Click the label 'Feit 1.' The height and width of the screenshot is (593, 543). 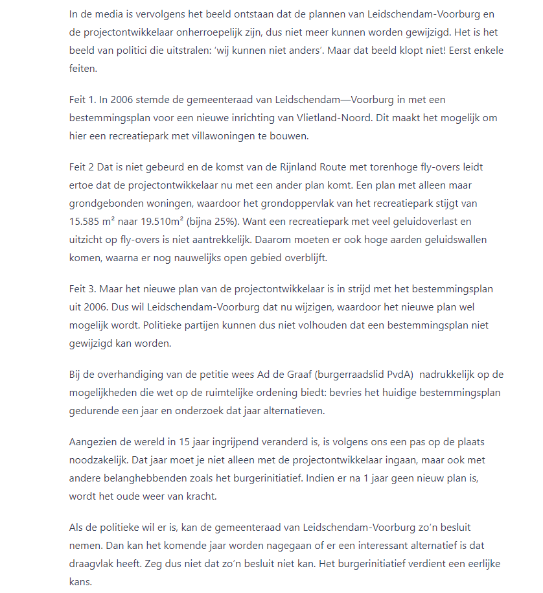(84, 100)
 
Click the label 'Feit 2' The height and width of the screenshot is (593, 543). (82, 167)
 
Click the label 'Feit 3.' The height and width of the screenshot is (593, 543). (84, 288)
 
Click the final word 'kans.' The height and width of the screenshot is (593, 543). (81, 582)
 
